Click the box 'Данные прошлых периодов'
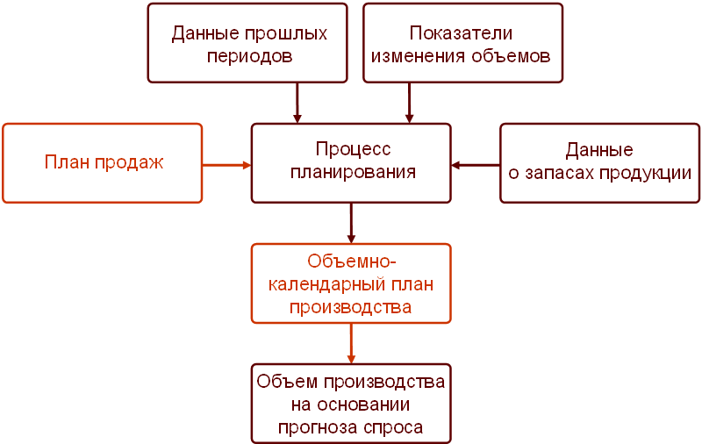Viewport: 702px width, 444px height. pos(250,43)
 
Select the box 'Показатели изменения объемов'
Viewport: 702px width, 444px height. pos(462,43)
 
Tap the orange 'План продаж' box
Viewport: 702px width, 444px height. pos(103,163)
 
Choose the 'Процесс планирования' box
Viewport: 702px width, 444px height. pos(352,162)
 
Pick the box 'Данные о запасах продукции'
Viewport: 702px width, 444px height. pos(599,162)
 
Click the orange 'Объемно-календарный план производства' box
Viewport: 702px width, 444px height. pos(351,283)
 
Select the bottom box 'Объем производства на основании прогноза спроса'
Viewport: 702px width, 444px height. pos(351,404)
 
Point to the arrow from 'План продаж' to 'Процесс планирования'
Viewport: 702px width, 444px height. pos(227,163)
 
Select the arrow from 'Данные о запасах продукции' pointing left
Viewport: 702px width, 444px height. pos(476,163)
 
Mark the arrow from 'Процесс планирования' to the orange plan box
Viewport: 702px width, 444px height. pos(351,223)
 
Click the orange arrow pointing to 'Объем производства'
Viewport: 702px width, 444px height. pos(351,343)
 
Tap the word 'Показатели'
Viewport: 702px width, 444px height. pos(461,33)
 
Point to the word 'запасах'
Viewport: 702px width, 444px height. pos(562,173)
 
